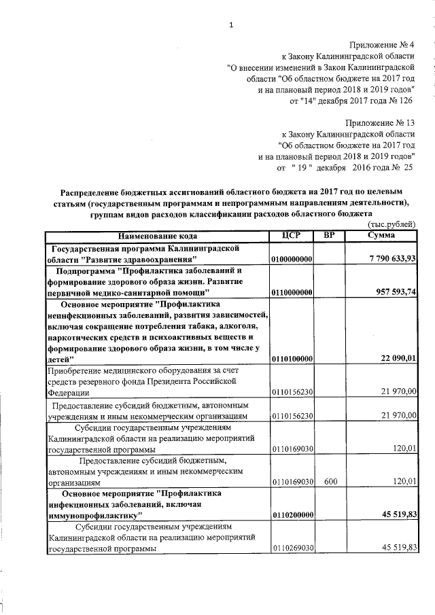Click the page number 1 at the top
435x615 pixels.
231,26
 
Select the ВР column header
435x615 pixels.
330,236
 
